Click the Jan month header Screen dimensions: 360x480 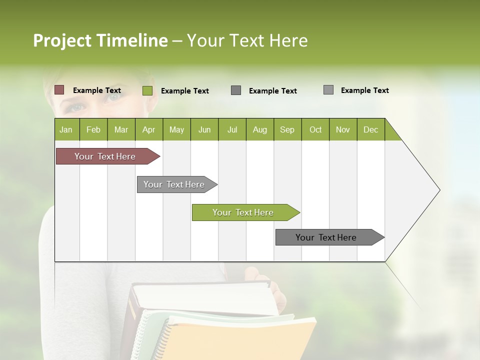tap(66, 129)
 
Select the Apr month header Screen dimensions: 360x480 tap(148, 129)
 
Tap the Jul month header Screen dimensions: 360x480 tap(232, 129)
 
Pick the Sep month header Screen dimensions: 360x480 tap(287, 129)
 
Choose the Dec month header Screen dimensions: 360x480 tap(370, 129)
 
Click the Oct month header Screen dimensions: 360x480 tap(315, 129)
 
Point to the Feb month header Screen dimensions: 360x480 tap(93, 129)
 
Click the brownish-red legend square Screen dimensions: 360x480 tap(59, 90)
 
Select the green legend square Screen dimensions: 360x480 tap(147, 90)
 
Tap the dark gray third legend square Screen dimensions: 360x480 tap(236, 90)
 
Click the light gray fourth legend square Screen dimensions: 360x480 tap(328, 90)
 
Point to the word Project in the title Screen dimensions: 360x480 tap(62, 40)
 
